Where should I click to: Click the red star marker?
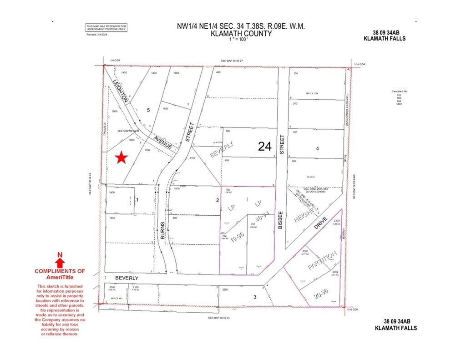coord(121,157)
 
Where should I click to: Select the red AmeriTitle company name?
coord(60,277)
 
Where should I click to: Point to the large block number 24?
coord(264,146)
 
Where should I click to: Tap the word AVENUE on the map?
coord(162,142)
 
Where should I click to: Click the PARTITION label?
coord(323,260)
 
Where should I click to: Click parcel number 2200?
coord(224,289)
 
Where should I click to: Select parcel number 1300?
coord(173,72)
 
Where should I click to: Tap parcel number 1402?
coord(124,72)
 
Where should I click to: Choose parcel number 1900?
coord(112,218)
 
